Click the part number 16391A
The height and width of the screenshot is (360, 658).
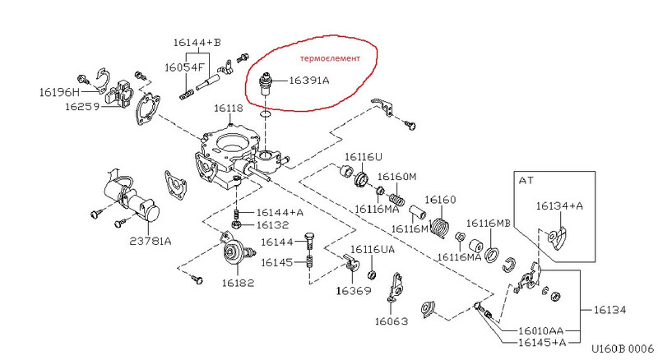pos(308,81)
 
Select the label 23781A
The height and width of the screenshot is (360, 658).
pos(150,241)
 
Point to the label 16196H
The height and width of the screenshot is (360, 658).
pos(60,92)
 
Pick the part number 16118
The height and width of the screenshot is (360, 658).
pos(228,108)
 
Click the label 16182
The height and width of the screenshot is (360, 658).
pos(238,282)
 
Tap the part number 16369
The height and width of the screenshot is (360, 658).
pos(352,290)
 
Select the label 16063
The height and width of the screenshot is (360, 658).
pos(392,321)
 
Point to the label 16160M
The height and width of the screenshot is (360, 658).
pos(397,177)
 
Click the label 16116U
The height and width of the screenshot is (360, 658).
pos(364,156)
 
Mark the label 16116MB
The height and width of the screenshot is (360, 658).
pos(489,223)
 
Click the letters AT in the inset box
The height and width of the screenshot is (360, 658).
pos(527,178)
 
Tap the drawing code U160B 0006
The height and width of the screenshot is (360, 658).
pos(622,348)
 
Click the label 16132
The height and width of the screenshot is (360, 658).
pos(272,224)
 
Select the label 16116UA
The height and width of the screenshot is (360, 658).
pos(373,249)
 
